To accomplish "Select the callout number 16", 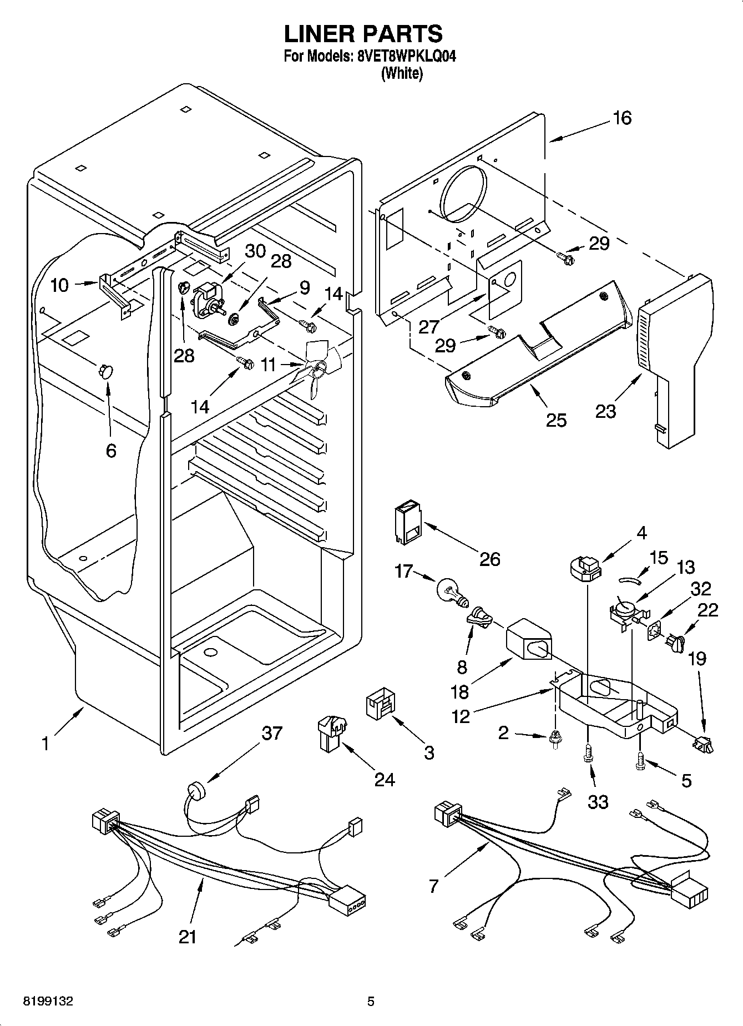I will (x=622, y=118).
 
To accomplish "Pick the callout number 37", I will (x=272, y=733).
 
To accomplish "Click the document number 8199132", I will (x=48, y=1002).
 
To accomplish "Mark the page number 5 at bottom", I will (x=371, y=1002).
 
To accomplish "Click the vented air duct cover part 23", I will (x=674, y=355).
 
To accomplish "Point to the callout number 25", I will (x=555, y=420).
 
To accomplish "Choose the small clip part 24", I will (x=331, y=732).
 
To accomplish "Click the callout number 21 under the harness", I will (x=188, y=937).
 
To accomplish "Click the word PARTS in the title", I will (x=402, y=34).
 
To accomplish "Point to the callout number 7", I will (x=433, y=886).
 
